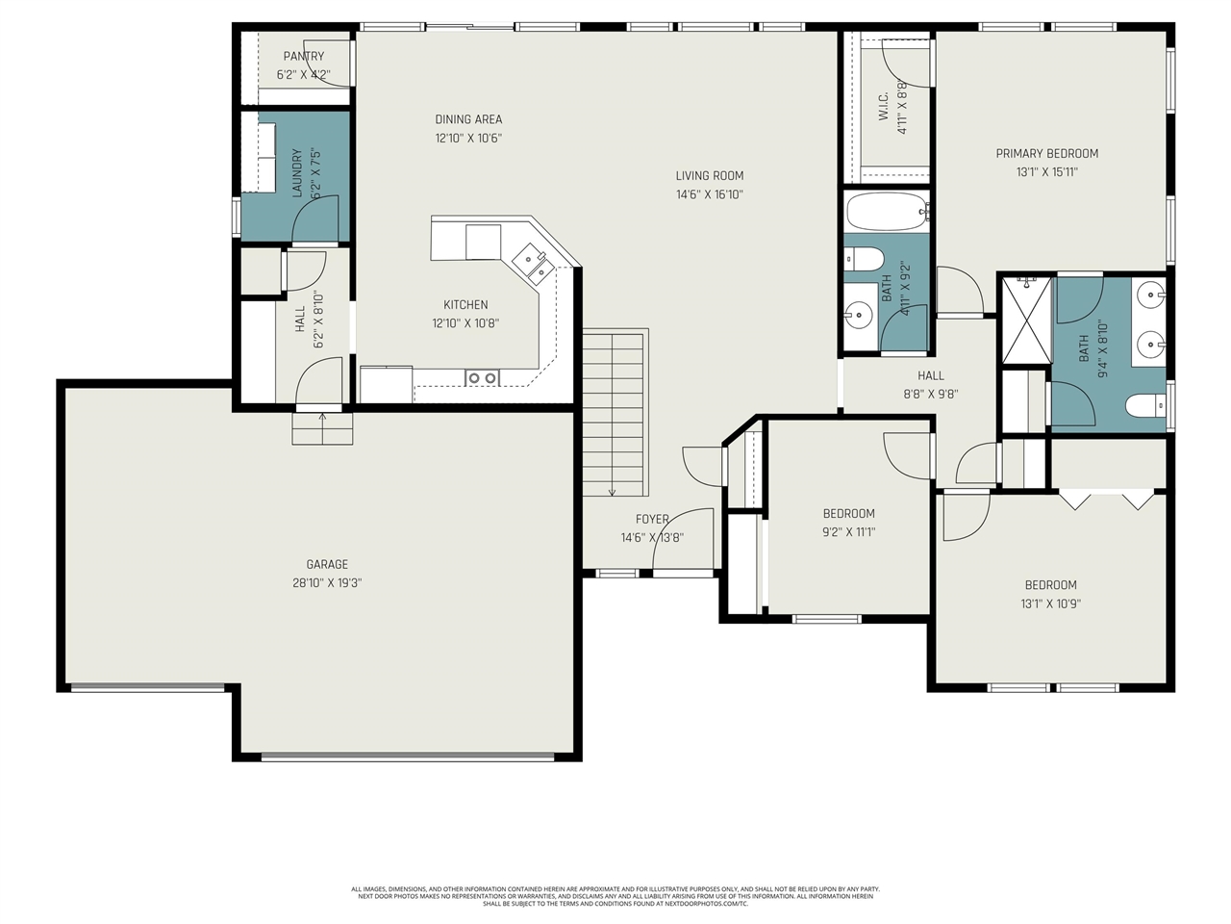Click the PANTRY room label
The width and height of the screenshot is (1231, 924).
click(x=303, y=57)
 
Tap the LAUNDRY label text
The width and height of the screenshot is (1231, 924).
click(x=297, y=173)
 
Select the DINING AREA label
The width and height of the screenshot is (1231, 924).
click(x=468, y=119)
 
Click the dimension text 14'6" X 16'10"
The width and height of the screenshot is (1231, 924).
click(x=710, y=194)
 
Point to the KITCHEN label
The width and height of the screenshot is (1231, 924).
click(x=465, y=305)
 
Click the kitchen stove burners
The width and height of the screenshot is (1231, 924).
click(x=481, y=378)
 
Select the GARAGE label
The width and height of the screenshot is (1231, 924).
click(x=327, y=565)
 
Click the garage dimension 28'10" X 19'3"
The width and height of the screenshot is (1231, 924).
click(x=327, y=583)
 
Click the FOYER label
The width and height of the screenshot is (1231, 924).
click(x=652, y=520)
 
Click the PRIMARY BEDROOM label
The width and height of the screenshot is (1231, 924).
click(x=1046, y=153)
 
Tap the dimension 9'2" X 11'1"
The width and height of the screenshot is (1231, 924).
click(x=848, y=532)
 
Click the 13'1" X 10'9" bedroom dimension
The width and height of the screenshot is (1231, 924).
click(x=1050, y=604)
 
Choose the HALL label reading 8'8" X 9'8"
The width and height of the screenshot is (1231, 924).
click(x=930, y=375)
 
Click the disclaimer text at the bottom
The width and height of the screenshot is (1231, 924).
click(x=615, y=896)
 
